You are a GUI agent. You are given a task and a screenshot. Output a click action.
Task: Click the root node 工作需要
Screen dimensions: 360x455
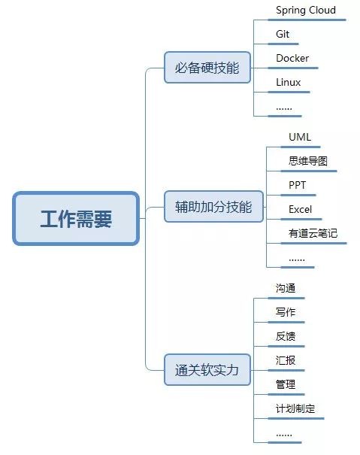point(76,219)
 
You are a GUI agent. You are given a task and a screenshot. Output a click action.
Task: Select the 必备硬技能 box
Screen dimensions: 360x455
point(207,68)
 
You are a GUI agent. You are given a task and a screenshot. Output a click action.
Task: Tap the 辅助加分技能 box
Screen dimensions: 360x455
point(213,207)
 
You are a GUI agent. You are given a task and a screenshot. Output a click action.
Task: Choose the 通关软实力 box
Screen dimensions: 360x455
point(207,370)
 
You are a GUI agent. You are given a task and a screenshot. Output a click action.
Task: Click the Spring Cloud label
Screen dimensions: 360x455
point(306,11)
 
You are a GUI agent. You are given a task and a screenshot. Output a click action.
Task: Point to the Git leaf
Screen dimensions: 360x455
point(283,35)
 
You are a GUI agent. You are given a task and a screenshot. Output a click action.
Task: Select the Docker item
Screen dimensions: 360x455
point(292,58)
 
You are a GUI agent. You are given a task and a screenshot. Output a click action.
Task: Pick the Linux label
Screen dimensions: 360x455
point(288,82)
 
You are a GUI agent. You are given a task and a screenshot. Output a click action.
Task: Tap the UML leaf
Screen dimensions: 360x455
point(300,137)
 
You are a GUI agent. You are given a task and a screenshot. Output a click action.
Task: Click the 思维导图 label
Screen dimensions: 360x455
point(308,161)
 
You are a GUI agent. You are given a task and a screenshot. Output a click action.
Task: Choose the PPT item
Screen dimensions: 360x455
point(297,185)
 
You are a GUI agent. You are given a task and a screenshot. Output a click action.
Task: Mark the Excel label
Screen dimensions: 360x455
point(300,209)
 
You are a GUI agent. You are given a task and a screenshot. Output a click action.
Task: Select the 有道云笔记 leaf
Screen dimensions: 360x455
point(313,233)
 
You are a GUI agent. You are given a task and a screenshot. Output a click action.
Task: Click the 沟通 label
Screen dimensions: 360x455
point(286,288)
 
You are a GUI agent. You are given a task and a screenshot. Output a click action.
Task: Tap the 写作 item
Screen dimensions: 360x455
point(286,312)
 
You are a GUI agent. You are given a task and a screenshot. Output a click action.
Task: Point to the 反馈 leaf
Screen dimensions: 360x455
point(286,336)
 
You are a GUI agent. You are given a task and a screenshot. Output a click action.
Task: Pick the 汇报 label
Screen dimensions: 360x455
point(286,360)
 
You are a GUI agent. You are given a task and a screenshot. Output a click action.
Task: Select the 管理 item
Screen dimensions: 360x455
point(286,384)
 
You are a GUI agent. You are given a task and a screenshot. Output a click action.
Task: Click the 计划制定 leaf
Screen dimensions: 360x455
point(295,408)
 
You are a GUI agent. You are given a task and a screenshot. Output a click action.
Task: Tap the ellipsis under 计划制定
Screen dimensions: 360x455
point(284,435)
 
